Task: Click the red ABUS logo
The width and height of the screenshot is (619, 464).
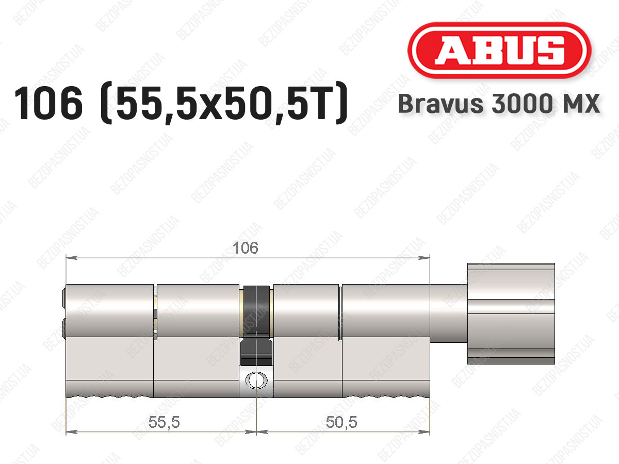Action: click(x=499, y=50)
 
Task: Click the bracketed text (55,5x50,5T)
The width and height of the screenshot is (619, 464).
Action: click(x=224, y=103)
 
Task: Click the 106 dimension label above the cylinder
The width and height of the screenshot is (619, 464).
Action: click(x=246, y=248)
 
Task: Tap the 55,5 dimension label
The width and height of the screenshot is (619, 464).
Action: click(x=164, y=422)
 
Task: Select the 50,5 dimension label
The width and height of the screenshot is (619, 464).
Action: click(x=341, y=422)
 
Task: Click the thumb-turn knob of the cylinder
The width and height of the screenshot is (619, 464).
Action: click(x=511, y=313)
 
